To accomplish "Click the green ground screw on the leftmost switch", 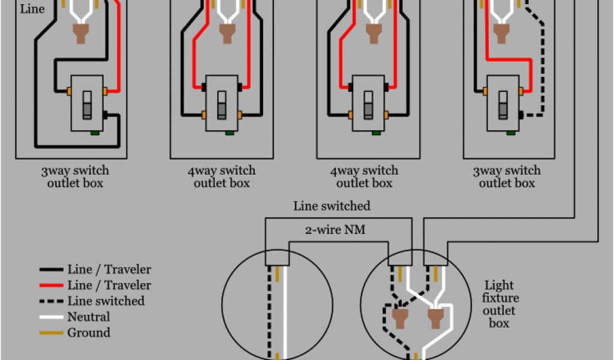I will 94,133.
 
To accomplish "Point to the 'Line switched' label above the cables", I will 332,206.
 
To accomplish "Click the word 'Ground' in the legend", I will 89,332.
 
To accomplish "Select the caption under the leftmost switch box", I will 75,177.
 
